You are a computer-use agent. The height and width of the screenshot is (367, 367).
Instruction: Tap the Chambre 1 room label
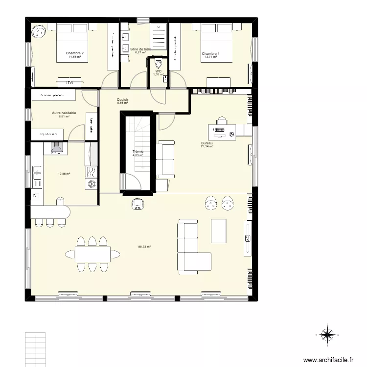210,53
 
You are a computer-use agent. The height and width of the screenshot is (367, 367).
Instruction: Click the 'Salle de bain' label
140,49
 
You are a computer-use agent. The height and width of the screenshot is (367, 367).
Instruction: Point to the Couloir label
122,99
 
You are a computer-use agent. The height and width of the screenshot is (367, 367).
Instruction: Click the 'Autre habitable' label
64,113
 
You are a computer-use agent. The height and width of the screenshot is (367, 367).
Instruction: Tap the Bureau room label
206,143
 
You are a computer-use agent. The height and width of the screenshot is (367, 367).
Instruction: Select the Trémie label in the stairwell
138,152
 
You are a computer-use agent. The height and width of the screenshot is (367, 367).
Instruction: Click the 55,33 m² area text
144,247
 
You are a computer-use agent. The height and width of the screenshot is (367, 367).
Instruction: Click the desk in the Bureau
222,131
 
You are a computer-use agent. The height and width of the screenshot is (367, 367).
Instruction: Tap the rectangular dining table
92,253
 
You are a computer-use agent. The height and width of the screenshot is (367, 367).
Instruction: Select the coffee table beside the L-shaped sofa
218,230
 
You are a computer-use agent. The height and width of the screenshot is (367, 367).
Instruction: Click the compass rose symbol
327,335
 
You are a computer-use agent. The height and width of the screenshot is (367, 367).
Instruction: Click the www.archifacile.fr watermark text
328,360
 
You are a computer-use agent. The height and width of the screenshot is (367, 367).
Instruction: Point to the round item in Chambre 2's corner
38,32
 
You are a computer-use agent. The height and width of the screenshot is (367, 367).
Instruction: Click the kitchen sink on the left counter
37,172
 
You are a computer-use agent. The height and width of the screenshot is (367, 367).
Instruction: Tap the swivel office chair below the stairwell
138,203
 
